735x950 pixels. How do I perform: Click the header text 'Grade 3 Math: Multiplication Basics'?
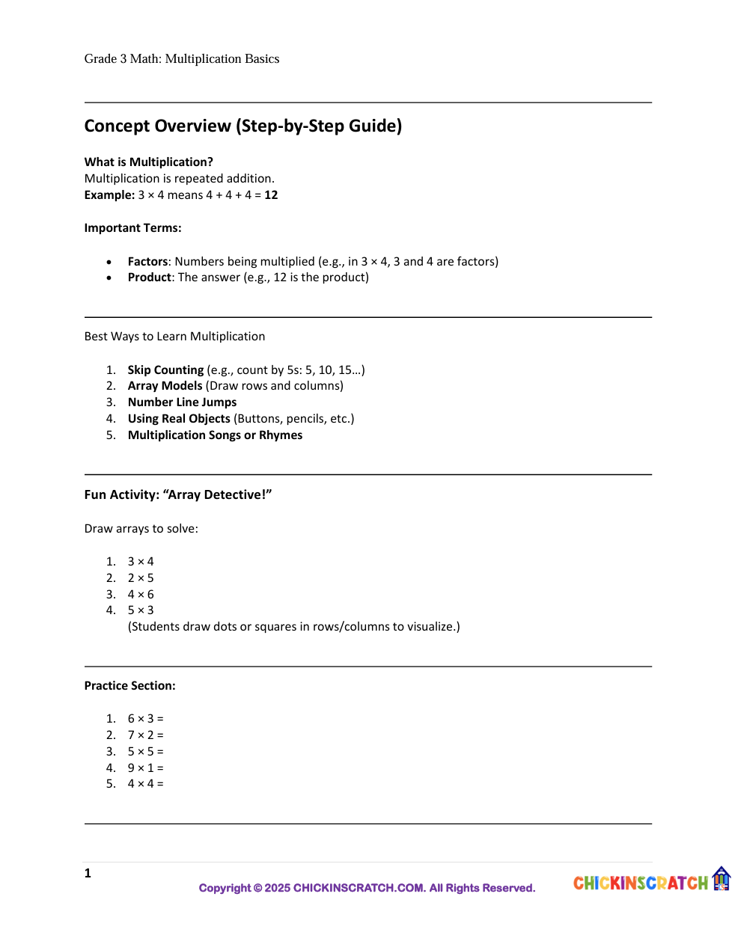tap(182, 59)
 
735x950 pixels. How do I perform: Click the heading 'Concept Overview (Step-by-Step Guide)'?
tap(243, 126)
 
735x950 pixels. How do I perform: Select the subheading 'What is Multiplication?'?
tap(148, 162)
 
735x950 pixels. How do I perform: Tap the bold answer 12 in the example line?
tap(271, 195)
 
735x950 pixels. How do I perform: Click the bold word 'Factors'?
tap(147, 261)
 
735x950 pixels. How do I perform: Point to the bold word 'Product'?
tap(150, 278)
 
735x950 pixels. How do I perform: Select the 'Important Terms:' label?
tap(132, 228)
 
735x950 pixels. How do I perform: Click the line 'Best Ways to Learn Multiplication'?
tap(174, 337)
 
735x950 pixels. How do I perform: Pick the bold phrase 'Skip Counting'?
tap(165, 370)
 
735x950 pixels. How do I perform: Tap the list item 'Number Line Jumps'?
tap(182, 402)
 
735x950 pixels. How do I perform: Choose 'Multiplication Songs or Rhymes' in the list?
tap(215, 435)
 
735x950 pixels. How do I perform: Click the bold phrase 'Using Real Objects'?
tap(179, 419)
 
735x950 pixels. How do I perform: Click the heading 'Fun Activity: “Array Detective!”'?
tap(177, 494)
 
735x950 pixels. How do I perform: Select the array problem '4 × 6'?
tap(141, 595)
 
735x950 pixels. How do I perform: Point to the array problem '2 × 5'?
tap(141, 578)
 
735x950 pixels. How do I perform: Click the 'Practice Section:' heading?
tap(129, 686)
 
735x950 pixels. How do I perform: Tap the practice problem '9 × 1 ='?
tap(145, 768)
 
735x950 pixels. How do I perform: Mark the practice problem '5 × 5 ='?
tap(145, 752)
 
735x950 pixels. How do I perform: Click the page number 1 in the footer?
tap(88, 873)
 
